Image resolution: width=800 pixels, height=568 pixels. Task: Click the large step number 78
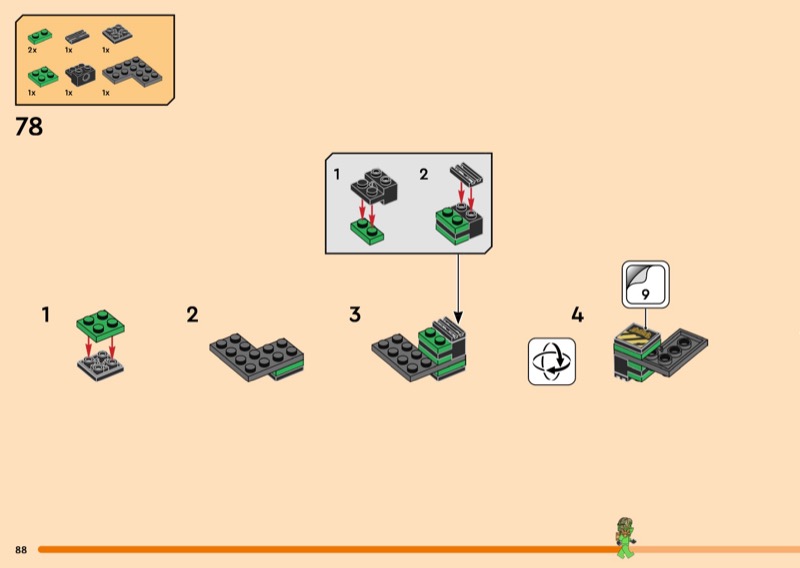(x=29, y=127)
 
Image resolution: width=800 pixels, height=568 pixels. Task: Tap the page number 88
(x=21, y=550)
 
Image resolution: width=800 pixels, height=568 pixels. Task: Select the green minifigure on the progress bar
(x=625, y=537)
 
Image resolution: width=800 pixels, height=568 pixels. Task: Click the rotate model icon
(x=552, y=361)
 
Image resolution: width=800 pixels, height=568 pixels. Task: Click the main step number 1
(x=46, y=315)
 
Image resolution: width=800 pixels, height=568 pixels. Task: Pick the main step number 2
(x=192, y=315)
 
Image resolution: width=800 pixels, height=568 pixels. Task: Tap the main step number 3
(x=355, y=315)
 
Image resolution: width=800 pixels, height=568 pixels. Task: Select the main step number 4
(x=577, y=315)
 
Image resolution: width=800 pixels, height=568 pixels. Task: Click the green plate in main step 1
(x=100, y=325)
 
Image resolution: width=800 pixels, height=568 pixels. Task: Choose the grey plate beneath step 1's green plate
(x=100, y=364)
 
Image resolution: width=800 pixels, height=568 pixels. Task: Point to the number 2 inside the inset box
(x=424, y=174)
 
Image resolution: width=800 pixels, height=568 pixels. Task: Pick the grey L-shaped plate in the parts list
(x=134, y=73)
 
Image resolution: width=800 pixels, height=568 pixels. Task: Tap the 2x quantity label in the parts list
(x=32, y=49)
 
